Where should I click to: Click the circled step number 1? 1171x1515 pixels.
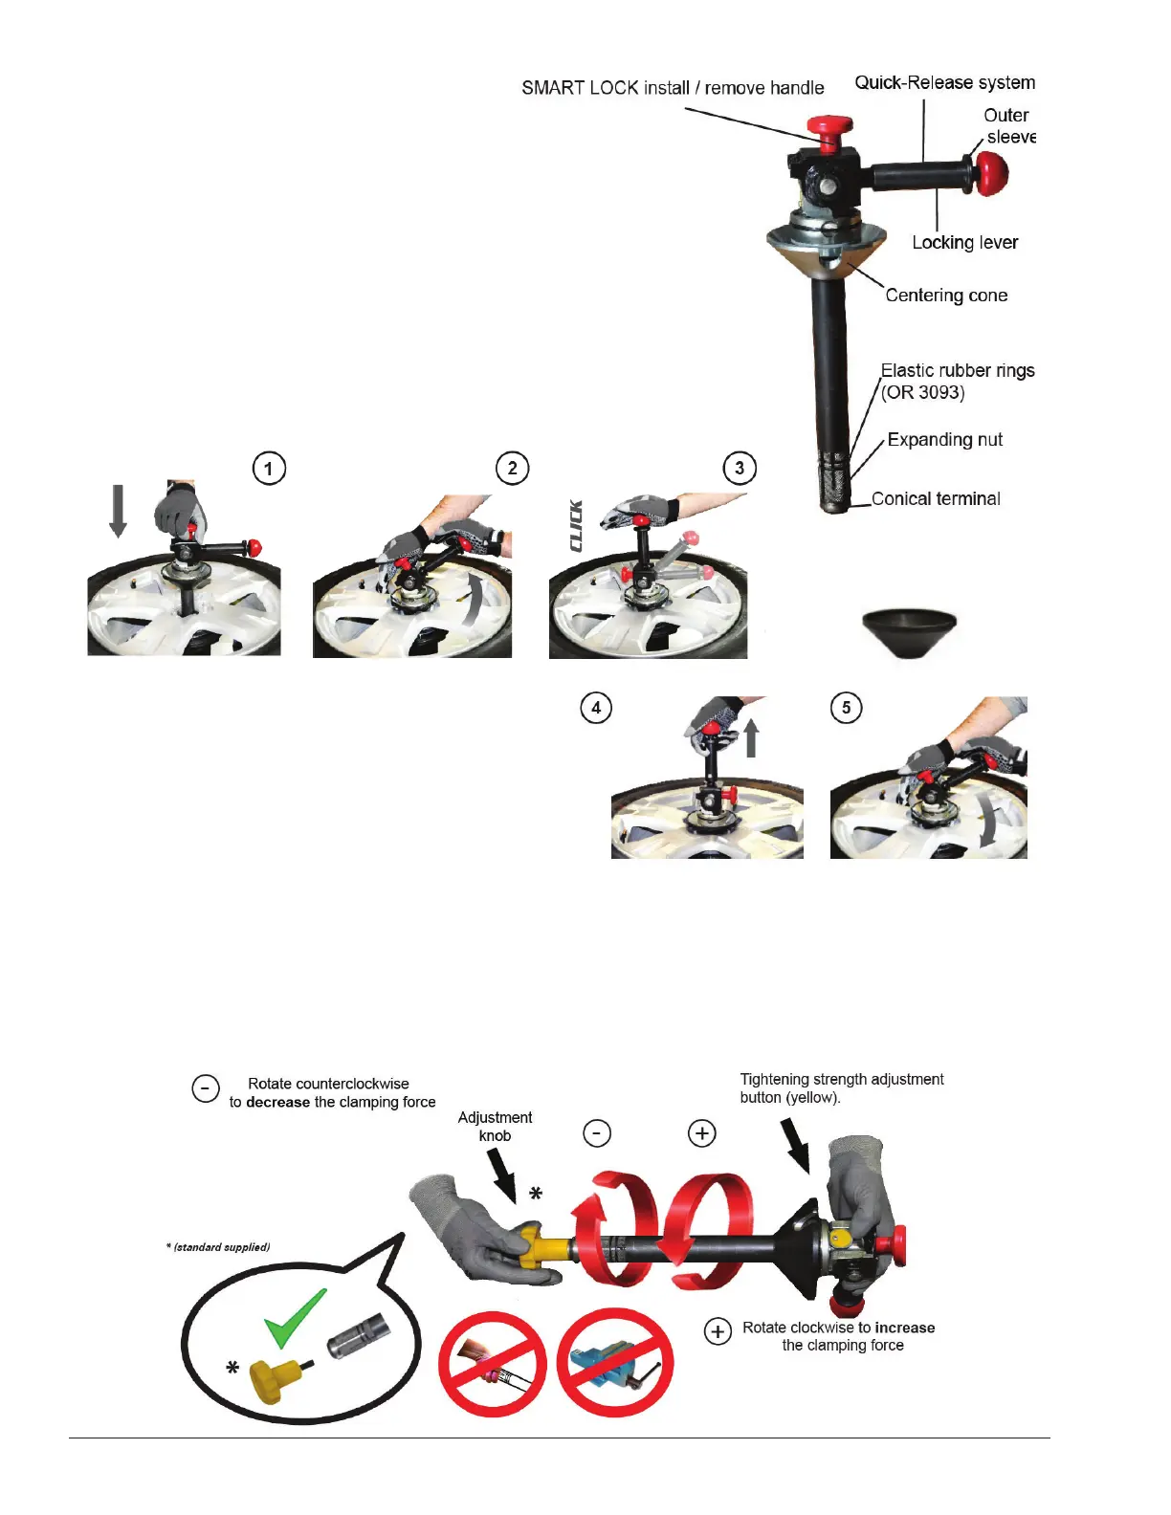(269, 469)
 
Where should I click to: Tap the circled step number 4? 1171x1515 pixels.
(596, 708)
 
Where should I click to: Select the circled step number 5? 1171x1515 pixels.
(846, 708)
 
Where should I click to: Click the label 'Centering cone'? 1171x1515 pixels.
(946, 296)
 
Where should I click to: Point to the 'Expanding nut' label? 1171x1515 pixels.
(944, 440)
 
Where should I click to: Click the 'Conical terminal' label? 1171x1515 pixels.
(936, 499)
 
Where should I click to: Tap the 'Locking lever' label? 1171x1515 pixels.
(964, 243)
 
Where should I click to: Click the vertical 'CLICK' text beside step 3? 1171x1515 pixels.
(576, 525)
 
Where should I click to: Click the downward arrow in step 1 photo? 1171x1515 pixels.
(118, 510)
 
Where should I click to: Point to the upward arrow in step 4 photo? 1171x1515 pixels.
(751, 738)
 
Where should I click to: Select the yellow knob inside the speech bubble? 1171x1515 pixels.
(273, 1380)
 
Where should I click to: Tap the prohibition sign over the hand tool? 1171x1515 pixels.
(492, 1364)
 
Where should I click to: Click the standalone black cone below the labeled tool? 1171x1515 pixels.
(909, 631)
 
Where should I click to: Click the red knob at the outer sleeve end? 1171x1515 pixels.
(991, 173)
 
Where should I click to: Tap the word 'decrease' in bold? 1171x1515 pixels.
(277, 1103)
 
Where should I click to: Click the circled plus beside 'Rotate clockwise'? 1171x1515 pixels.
(718, 1331)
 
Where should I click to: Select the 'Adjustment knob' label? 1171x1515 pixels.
(495, 1127)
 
